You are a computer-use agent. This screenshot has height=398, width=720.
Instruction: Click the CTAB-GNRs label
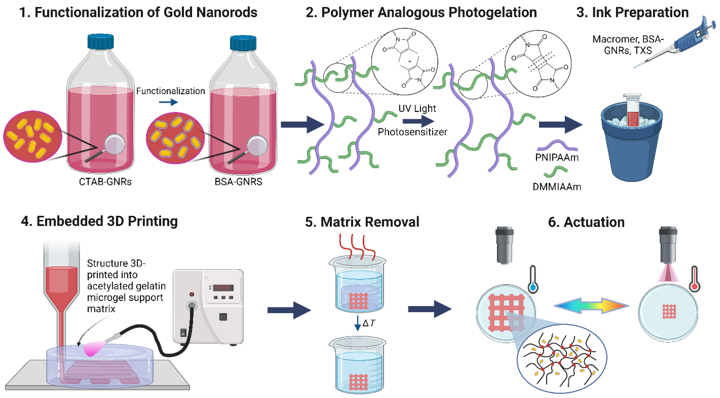coord(105,182)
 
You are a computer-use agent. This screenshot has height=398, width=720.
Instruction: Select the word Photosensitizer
coord(412,132)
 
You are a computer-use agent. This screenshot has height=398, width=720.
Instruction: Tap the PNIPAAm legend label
coord(557,157)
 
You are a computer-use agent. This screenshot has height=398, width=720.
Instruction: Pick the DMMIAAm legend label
coord(557,187)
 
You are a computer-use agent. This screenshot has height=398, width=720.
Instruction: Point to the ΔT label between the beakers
coord(369,323)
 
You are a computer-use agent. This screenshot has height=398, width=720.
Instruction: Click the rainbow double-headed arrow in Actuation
coord(591,305)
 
